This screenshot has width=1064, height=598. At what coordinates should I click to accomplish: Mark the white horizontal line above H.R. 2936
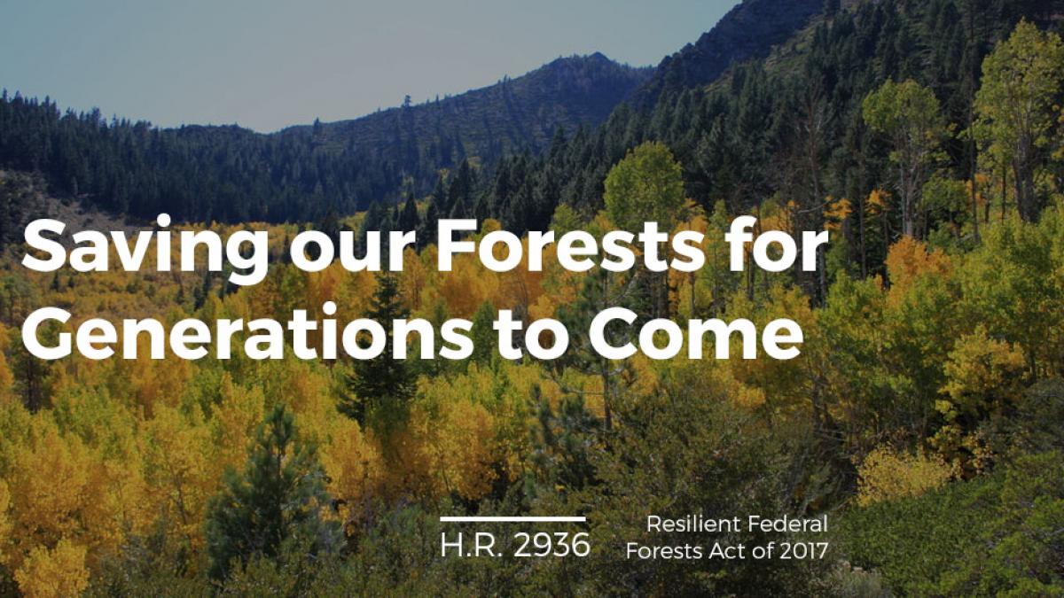pos(512,519)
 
